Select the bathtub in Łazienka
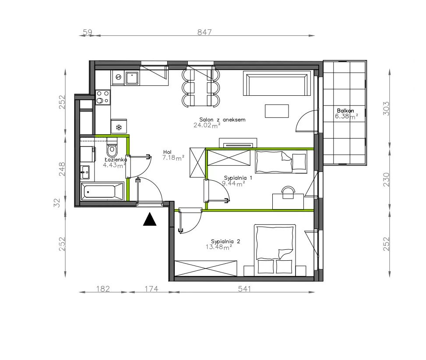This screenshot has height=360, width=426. point(102,192)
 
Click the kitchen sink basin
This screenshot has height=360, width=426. point(132,78)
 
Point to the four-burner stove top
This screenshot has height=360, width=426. point(103,98)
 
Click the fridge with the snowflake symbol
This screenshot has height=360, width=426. point(119,126)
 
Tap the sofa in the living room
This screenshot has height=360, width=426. point(277,84)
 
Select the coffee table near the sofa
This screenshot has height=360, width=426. point(277,111)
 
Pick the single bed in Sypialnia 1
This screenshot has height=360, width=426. point(281,162)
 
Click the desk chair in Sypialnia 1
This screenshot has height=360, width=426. point(288,192)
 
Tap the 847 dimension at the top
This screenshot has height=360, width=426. point(204,32)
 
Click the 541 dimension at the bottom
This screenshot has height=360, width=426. point(244,289)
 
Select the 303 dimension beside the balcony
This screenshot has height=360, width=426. point(386,108)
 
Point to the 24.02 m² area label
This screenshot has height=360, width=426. point(207,125)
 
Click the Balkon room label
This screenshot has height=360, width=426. point(345,111)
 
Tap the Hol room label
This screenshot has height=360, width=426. point(167,152)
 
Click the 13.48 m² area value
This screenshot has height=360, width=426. point(219,247)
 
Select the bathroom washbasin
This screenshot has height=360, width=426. point(85,172)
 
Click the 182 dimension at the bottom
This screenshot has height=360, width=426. point(103,289)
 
